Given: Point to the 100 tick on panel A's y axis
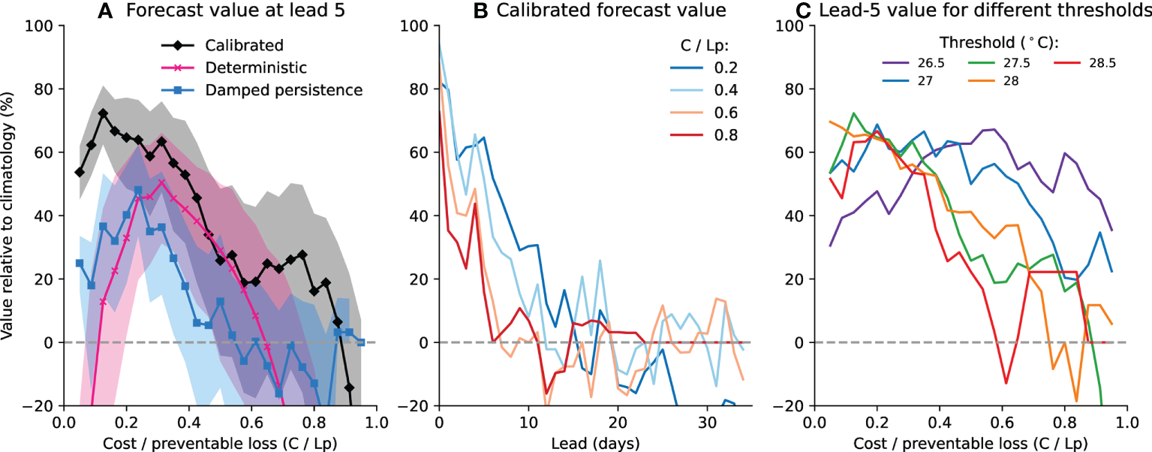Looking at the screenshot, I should click(44, 26).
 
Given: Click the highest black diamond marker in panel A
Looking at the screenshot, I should click(103, 113).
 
